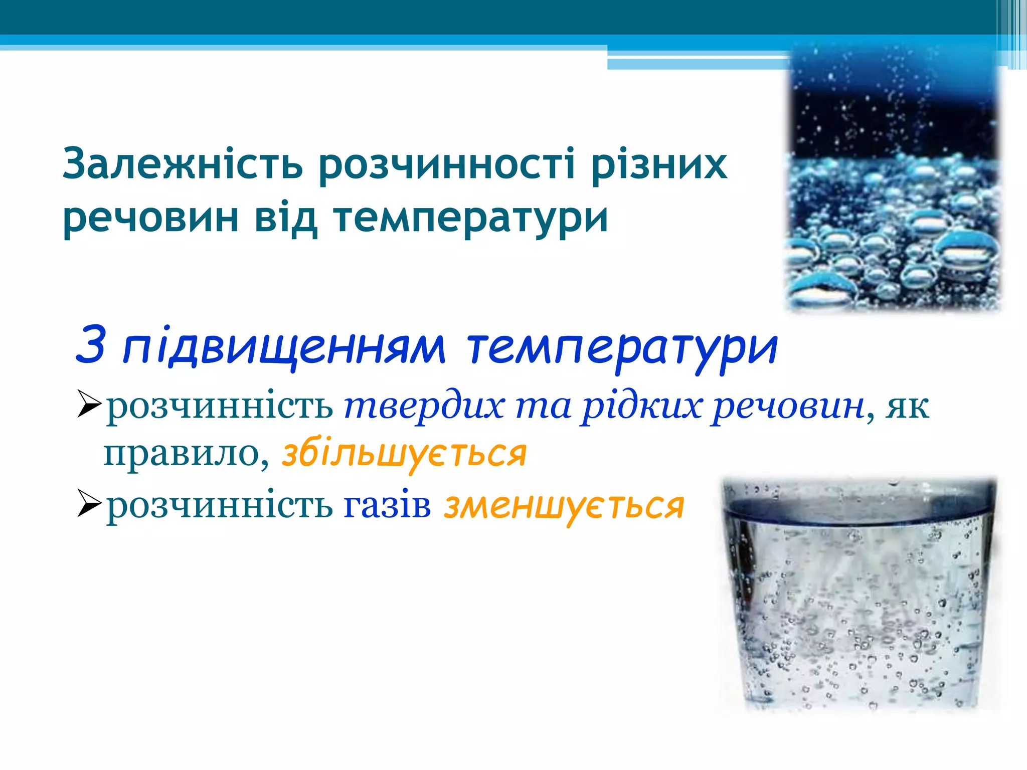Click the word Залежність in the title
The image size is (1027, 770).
pyautogui.click(x=183, y=164)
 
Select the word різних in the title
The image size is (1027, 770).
pyautogui.click(x=659, y=164)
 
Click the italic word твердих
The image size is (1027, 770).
pyautogui.click(x=424, y=406)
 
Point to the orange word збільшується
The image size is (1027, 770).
pyautogui.click(x=404, y=454)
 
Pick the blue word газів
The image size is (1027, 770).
pyautogui.click(x=387, y=505)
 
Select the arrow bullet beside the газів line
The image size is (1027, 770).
pyautogui.click(x=90, y=505)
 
